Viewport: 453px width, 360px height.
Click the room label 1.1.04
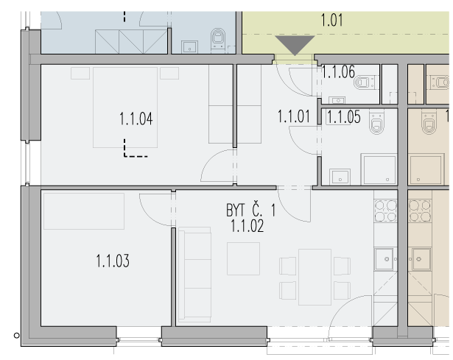[136, 119]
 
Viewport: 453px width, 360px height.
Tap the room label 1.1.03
[113, 261]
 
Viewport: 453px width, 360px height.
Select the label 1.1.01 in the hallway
[294, 116]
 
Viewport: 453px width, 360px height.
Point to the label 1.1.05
[344, 117]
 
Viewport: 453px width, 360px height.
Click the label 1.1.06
[338, 72]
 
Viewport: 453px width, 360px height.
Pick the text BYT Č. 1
[250, 210]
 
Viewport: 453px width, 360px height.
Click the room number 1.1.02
[247, 226]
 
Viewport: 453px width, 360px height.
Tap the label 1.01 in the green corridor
[332, 20]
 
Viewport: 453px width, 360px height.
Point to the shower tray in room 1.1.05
[379, 169]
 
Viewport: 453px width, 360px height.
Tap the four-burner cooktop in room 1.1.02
[385, 211]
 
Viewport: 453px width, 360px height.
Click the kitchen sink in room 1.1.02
[384, 259]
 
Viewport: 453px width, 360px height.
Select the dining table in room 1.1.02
[315, 277]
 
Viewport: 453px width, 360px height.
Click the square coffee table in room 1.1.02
[243, 258]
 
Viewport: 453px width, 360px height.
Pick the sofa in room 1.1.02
[194, 275]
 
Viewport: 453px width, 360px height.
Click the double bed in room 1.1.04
[125, 107]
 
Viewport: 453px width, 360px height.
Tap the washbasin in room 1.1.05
[340, 177]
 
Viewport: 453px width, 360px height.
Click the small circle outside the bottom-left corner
[17, 336]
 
